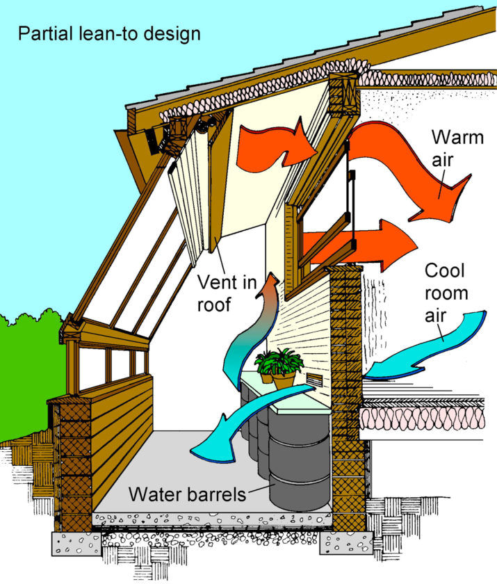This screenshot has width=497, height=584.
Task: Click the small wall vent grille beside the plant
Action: [x=314, y=380]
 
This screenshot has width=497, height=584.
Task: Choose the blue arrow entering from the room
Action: [x=431, y=344]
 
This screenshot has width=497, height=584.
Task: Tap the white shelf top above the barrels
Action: [x=285, y=396]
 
